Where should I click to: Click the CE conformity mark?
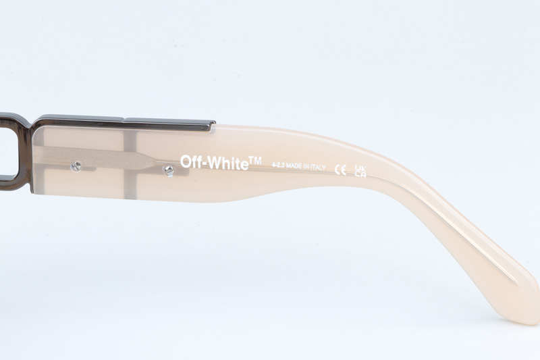coord(340,169)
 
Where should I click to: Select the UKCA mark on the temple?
coord(360,170)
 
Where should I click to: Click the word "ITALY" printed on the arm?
coord(315,167)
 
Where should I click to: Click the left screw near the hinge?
coord(77,165)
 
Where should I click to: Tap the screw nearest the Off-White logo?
coord(168,172)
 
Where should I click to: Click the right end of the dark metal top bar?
coord(211,124)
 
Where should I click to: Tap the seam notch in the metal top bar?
coord(124,122)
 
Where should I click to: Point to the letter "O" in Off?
coord(184,162)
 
